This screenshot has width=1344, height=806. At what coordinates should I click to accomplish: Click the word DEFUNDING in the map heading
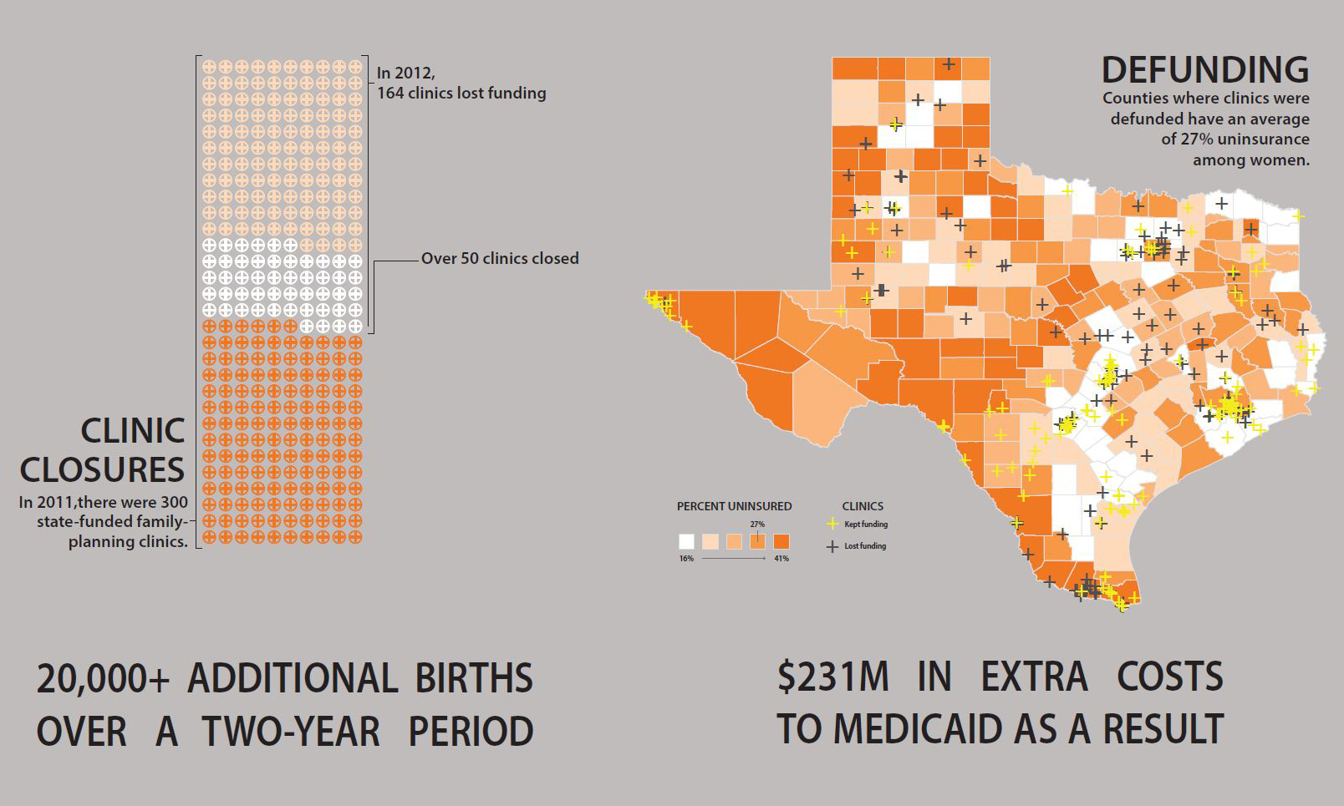click(x=1204, y=70)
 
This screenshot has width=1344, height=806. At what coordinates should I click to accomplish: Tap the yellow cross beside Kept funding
click(x=832, y=525)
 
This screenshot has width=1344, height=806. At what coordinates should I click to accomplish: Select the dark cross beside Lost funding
click(x=832, y=546)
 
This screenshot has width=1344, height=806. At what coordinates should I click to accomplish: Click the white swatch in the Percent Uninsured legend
click(x=686, y=541)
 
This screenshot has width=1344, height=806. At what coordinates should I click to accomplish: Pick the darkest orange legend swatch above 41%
click(x=781, y=541)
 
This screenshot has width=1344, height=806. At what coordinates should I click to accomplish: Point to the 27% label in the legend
click(x=757, y=525)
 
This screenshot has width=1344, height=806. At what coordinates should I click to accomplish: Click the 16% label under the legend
click(x=686, y=558)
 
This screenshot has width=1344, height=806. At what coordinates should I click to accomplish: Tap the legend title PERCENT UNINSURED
click(x=734, y=506)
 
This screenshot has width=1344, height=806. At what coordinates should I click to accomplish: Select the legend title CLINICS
click(x=863, y=506)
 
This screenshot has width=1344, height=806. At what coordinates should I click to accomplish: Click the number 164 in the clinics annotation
click(x=390, y=94)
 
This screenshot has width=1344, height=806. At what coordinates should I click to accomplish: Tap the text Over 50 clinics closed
click(x=499, y=259)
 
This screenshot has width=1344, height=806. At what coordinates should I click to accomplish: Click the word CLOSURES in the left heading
click(x=102, y=470)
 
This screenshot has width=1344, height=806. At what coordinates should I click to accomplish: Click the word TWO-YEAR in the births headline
click(x=290, y=732)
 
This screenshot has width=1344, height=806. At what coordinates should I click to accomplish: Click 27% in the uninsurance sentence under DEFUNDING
click(x=1195, y=139)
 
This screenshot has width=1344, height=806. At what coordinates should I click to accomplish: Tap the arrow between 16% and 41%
click(x=734, y=558)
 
